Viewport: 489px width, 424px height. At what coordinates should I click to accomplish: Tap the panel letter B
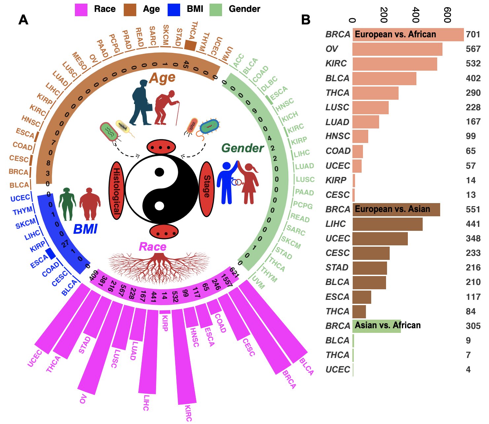point(306,20)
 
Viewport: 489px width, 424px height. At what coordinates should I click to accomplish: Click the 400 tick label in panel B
point(415,15)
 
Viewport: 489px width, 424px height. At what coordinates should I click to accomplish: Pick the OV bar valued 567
point(397,49)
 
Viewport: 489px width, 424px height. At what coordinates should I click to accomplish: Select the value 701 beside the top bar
point(473,34)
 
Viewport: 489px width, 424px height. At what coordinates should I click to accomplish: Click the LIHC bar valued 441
point(387,224)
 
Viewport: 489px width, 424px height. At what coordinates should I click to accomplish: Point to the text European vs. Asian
point(392,209)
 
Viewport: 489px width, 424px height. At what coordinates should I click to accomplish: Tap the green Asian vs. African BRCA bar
point(376,326)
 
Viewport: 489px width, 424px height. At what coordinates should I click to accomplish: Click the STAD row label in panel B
point(337,267)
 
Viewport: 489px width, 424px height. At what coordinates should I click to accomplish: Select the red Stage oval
point(207,189)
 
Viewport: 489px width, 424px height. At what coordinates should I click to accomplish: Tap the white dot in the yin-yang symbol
point(159,206)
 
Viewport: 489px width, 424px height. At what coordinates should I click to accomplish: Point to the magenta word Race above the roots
point(152,247)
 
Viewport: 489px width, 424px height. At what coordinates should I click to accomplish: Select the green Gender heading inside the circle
point(243,148)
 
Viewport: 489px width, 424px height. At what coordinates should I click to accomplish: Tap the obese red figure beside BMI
point(89,204)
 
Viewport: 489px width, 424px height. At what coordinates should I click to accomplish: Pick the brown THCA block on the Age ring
point(190,45)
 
